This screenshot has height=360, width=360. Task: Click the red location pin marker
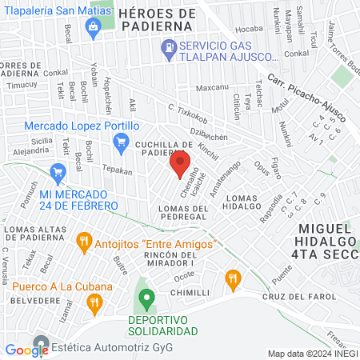coord(179,166)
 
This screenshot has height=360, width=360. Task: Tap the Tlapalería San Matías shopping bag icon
coord(94,27)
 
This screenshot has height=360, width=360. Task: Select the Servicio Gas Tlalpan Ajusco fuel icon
coord(169,50)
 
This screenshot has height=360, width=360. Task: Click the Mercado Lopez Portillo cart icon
coord(122,145)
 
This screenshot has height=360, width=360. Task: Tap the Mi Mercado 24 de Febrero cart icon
coord(57,172)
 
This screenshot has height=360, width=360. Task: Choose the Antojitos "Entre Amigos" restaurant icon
coord(83,240)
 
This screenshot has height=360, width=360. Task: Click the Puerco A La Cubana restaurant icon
coord(94,302)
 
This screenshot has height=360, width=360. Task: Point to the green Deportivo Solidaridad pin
coord(146,301)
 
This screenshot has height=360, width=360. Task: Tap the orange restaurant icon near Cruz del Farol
coord(233,279)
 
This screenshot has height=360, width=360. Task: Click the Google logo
coord(26,350)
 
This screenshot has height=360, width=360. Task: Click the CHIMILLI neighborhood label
coord(190,294)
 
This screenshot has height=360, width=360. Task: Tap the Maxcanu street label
coord(212,87)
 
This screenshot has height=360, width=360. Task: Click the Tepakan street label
coord(116,170)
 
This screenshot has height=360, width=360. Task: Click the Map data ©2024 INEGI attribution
coord(312,353)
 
